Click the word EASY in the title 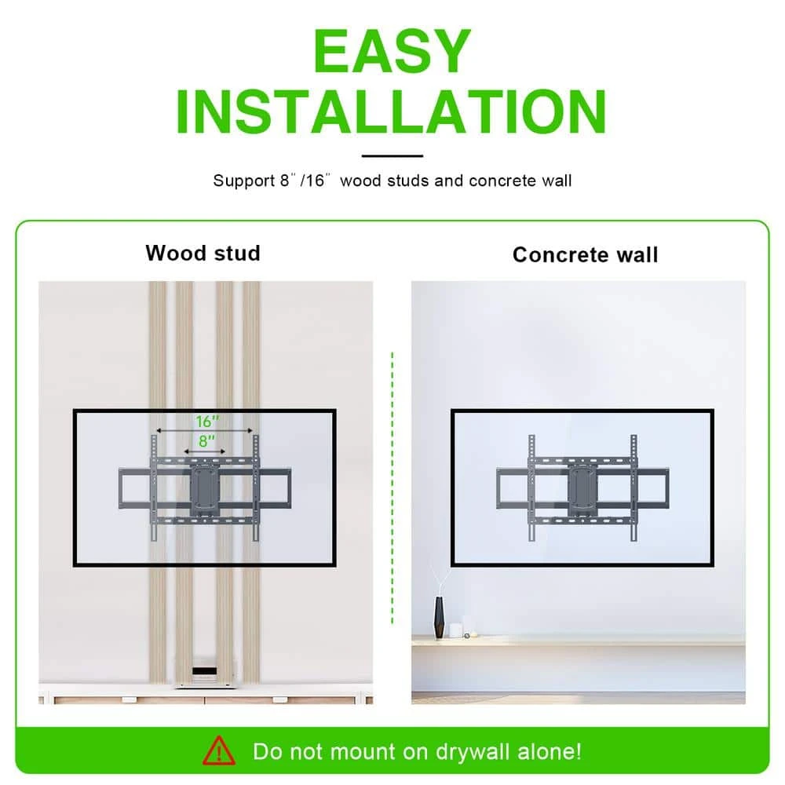(392, 51)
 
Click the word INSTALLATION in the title (392, 111)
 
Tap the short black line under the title (392, 155)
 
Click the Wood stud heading (203, 253)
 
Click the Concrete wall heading (585, 254)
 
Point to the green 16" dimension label (206, 422)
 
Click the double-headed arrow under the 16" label (205, 430)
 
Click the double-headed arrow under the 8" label (205, 451)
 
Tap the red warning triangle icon (219, 750)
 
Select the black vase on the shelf (439, 617)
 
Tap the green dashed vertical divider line (392, 488)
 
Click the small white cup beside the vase (455, 630)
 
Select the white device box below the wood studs (205, 672)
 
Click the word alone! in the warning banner (549, 751)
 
